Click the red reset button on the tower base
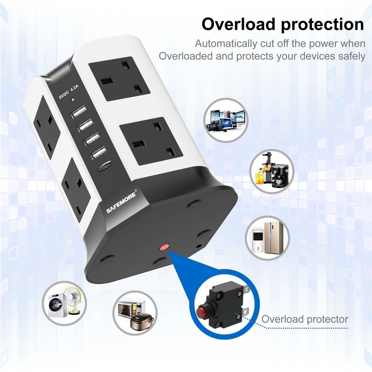coord(164,248)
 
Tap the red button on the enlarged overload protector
coord(202,311)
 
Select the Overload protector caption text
coord(305,319)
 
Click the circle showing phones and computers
coord(226,120)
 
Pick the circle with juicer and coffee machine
coord(272,171)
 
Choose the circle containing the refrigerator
coord(267,238)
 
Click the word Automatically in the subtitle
coord(225,44)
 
